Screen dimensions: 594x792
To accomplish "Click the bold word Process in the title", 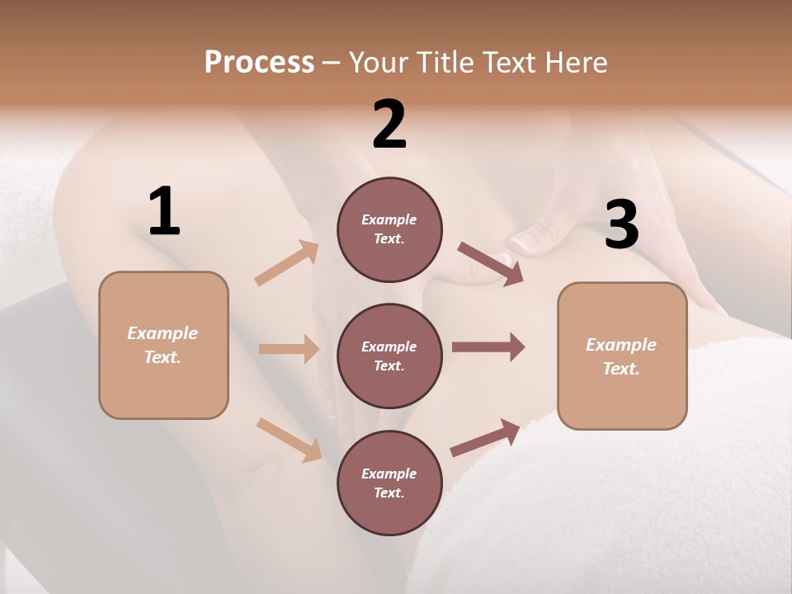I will coord(259,62).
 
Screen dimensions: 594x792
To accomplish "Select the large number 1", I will coord(164,212).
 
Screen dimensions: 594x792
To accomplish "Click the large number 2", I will coord(389,125).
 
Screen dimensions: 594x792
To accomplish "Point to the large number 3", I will coord(621,224).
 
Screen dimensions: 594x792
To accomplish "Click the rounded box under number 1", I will coord(163,345).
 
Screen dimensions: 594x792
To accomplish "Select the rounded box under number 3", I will coord(622,356).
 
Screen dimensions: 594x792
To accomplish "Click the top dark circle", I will coord(389,229).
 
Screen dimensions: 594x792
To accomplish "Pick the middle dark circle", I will coord(389,356).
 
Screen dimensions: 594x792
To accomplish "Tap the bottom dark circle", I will coord(389,483).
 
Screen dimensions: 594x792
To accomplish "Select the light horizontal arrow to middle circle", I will coord(289,349).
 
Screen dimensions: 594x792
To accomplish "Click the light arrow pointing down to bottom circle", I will coord(290,439).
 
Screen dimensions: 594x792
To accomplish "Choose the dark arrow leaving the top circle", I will coord(490,264).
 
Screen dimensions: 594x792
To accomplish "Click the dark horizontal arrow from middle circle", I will coord(488,346).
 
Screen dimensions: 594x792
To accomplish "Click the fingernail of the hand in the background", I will coord(524,242).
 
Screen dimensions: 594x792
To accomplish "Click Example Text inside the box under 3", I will coord(621,356).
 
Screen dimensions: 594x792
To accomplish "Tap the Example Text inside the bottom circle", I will coord(389,483).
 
